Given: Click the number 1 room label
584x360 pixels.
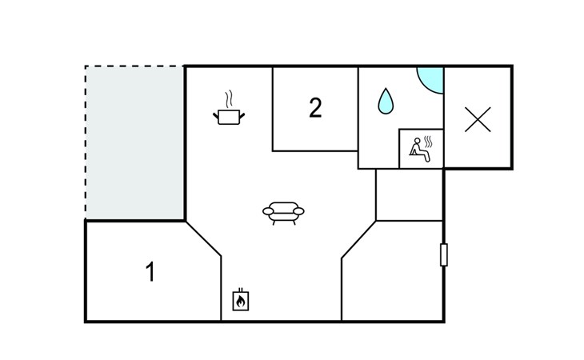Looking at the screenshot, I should click(150, 272).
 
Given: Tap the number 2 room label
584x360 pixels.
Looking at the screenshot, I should click(315, 108).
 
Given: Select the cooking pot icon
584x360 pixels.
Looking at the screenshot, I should click(229, 117).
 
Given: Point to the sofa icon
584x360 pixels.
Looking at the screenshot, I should click(283, 212).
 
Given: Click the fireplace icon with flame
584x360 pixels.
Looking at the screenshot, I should click(240, 300).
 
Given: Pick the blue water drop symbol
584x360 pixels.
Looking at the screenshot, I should click(386, 100).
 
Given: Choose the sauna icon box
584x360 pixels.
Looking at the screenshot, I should click(421, 149).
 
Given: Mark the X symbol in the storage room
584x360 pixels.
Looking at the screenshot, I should click(478, 119).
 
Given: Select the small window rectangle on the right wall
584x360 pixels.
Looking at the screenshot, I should click(444, 254).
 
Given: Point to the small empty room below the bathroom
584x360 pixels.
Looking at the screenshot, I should click(409, 194).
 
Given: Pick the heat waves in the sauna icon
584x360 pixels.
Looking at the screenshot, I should click(431, 142).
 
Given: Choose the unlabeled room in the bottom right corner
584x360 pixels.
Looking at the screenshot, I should click(392, 276).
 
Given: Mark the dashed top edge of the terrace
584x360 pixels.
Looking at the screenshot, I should click(134, 66).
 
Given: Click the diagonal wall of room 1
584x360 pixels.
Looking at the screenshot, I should click(203, 240).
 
